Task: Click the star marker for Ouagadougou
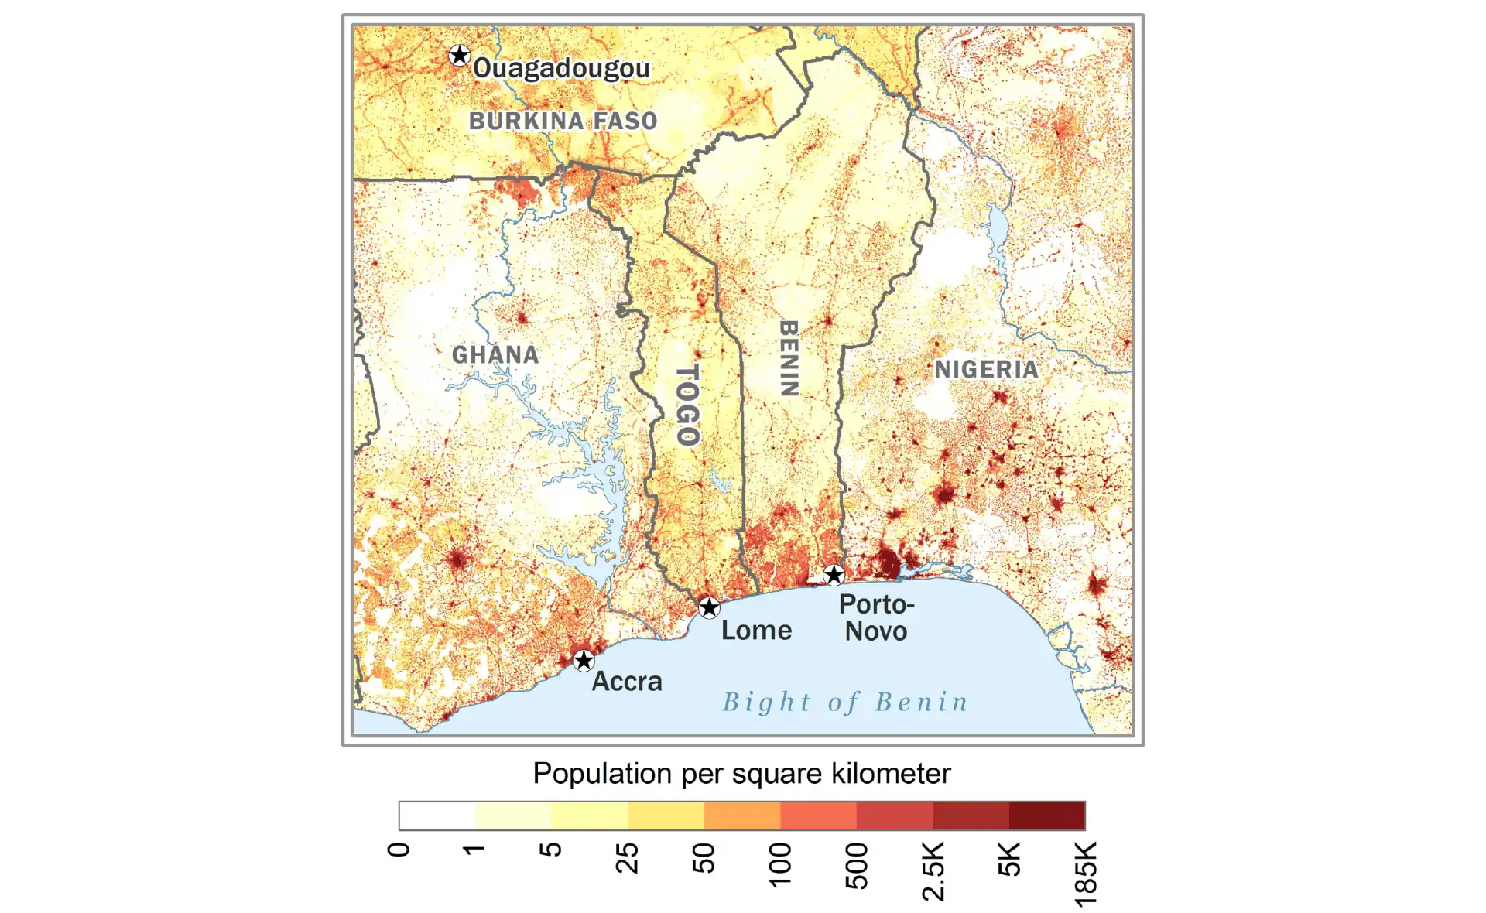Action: (x=460, y=56)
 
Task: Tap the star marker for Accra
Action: (x=584, y=660)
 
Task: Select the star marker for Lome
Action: (x=709, y=607)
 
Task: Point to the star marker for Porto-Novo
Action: (x=834, y=574)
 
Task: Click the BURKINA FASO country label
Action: (x=563, y=121)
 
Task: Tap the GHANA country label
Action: (x=495, y=355)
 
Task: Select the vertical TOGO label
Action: (x=687, y=405)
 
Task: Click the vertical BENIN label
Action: (x=788, y=358)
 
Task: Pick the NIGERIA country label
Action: (x=986, y=370)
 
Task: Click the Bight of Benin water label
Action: (x=845, y=702)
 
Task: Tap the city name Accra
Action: (x=627, y=682)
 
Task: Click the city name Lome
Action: (x=756, y=631)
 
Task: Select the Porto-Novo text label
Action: (x=876, y=617)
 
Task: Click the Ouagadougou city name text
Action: (x=561, y=68)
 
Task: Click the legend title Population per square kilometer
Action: (x=741, y=774)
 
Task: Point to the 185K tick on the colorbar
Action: (x=1085, y=873)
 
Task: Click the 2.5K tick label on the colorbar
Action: (x=933, y=870)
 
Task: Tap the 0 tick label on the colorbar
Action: (x=399, y=850)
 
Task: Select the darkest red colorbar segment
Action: (x=1046, y=816)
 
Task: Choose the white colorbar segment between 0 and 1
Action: (x=437, y=816)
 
